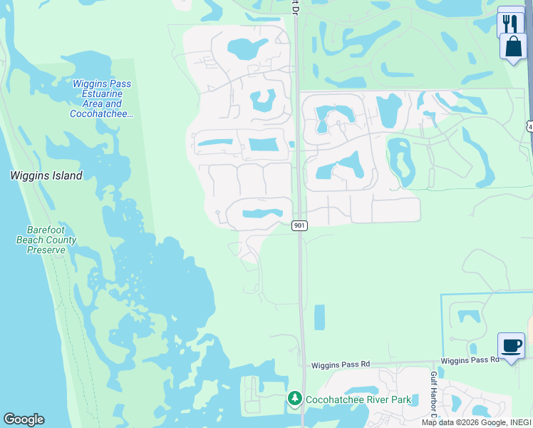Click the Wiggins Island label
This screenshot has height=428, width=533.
[46, 175]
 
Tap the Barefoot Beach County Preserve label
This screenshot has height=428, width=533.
[46, 240]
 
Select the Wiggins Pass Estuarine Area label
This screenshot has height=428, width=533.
[102, 98]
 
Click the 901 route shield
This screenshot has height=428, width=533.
[299, 225]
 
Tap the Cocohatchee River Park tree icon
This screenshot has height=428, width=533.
[294, 399]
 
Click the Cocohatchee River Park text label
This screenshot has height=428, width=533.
[358, 399]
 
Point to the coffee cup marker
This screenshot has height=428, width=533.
[511, 346]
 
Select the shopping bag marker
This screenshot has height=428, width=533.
[512, 46]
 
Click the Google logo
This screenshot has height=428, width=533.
[24, 419]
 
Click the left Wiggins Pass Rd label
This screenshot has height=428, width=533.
[341, 365]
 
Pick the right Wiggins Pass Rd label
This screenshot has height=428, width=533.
[470, 360]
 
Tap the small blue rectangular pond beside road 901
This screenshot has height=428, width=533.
[319, 317]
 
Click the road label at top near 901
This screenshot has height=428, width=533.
[294, 6]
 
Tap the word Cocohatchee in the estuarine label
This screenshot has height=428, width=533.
[100, 114]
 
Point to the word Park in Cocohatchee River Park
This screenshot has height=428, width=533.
[400, 399]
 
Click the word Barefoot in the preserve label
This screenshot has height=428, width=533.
[46, 230]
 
